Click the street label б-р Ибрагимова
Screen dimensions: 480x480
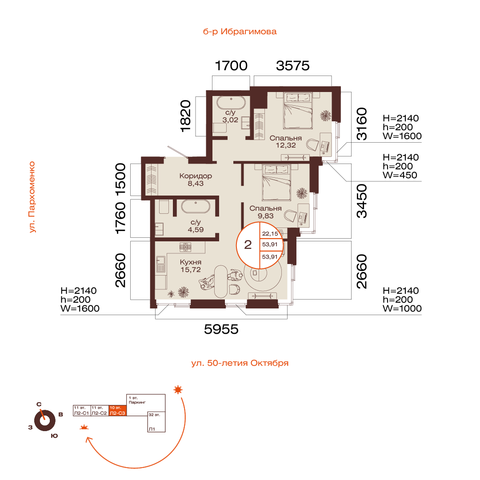240,32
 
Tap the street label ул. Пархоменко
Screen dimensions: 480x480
32,197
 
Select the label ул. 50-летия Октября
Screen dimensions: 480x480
240,363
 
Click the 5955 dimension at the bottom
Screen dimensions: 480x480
221,329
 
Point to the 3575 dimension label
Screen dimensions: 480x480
292,66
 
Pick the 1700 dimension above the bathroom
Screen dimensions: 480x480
231,66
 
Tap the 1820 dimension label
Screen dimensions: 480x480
185,116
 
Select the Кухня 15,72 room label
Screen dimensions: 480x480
191,266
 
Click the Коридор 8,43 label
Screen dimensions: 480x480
196,180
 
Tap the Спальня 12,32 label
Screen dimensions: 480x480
286,142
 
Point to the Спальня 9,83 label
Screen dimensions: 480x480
265,212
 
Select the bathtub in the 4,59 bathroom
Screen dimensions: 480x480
196,207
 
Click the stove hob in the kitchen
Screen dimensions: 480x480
185,247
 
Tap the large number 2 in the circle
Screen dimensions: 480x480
248,245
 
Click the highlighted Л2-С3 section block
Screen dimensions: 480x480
117,411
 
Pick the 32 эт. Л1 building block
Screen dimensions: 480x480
156,422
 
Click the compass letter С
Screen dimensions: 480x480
39,404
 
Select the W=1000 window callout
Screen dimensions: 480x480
402,308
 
